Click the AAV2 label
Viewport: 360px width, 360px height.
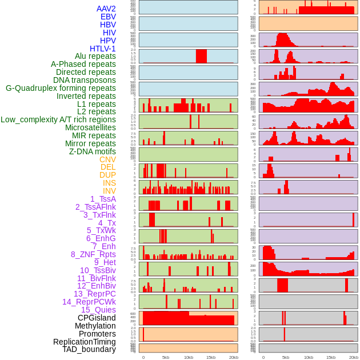tap(106, 9)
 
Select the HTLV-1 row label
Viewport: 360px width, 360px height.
tap(102, 49)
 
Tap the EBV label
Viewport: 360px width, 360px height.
tap(107, 17)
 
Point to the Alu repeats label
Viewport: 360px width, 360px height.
tap(95, 57)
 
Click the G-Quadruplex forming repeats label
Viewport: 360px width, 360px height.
tap(61, 88)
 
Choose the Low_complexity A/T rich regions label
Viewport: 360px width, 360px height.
tap(58, 119)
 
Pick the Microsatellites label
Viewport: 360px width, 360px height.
tap(90, 127)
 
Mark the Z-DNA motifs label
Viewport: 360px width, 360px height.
tap(92, 151)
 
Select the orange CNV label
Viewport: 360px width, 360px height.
tap(107, 159)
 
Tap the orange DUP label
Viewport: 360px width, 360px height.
tap(107, 175)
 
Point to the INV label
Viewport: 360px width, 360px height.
tap(109, 191)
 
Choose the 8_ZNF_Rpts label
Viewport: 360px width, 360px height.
tap(93, 254)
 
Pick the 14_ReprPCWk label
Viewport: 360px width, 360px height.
tap(89, 302)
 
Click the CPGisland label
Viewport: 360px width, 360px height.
tap(97, 318)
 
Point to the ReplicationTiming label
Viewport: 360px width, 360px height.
tap(84, 342)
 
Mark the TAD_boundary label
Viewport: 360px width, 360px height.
tap(89, 349)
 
